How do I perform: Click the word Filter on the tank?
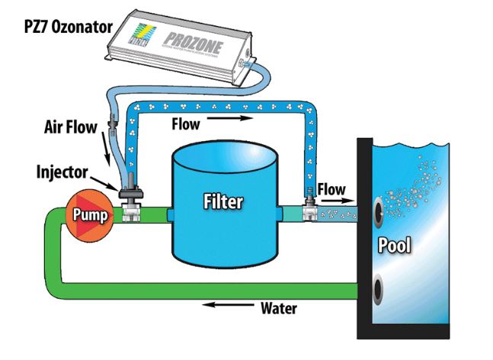tap(222, 202)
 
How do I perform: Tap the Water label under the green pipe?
tap(279, 309)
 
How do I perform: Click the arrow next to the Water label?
tap(231, 309)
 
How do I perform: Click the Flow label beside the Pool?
tap(331, 188)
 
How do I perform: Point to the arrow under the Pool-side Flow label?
tap(337, 201)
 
